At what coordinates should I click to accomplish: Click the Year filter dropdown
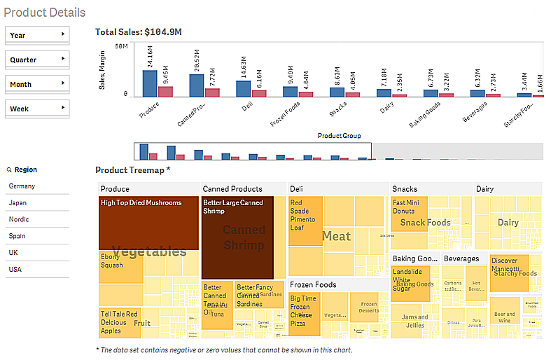(37, 35)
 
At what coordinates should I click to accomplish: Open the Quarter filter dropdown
(37, 60)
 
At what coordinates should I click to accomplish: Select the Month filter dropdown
(37, 84)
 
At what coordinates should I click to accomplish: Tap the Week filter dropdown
(37, 108)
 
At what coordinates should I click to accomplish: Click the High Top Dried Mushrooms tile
(148, 223)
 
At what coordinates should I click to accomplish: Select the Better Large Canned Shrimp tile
(237, 238)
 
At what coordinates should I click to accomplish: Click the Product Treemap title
(133, 170)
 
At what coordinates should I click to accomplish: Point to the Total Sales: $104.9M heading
(139, 32)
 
